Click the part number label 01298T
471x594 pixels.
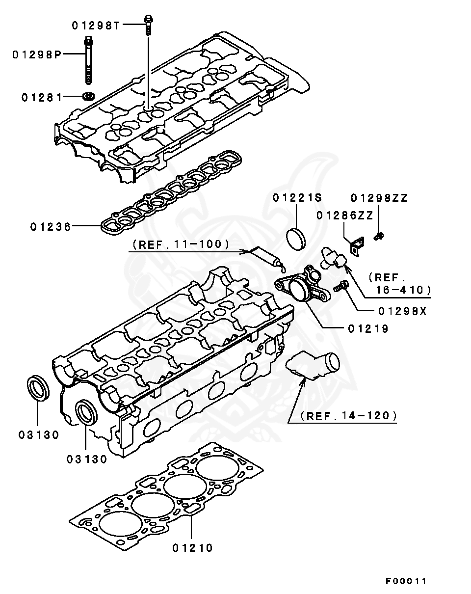96,26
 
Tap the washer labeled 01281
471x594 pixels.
89,96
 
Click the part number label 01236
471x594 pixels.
51,227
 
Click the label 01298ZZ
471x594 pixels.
379,198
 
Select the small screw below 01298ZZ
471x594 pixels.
378,237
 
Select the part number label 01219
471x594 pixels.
368,329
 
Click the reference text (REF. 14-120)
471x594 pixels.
343,416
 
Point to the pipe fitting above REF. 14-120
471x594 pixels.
313,366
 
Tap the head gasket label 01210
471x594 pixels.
193,548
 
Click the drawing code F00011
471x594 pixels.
406,581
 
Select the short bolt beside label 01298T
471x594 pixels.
147,25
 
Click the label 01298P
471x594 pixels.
37,55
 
